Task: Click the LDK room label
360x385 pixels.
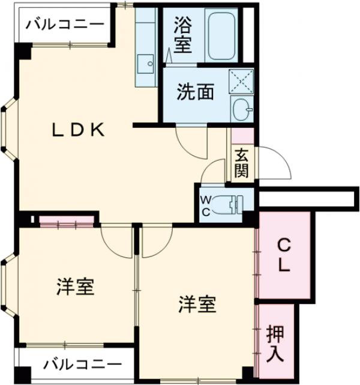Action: tap(77, 129)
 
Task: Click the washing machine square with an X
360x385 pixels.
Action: tap(241, 81)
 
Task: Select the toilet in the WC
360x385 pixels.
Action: tap(230, 205)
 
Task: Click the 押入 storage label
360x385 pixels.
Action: tap(275, 342)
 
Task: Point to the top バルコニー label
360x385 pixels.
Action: tap(65, 25)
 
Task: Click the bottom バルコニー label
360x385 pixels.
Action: tap(83, 364)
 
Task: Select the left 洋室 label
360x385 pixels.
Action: tap(76, 286)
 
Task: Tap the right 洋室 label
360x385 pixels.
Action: tap(196, 305)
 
